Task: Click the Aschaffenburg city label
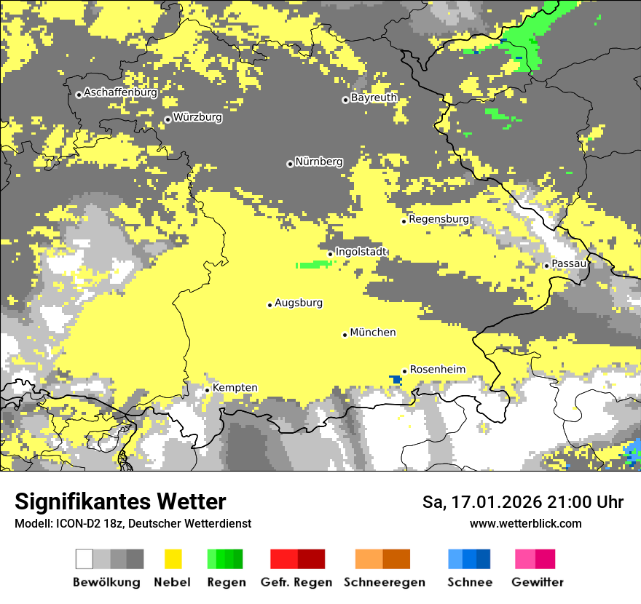[x=120, y=93]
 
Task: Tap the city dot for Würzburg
[x=168, y=119]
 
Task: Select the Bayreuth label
[x=374, y=98]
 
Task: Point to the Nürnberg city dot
[x=290, y=164]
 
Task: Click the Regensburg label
[x=439, y=219]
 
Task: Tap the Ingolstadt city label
[x=361, y=252]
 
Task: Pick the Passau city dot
[x=546, y=266]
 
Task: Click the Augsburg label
[x=299, y=303]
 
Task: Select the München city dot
[x=345, y=335]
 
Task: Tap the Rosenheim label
[x=437, y=370]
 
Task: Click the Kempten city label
[x=235, y=388]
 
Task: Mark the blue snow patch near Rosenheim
[x=396, y=379]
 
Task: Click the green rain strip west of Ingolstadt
[x=312, y=265]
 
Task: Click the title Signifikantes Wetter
[x=120, y=501]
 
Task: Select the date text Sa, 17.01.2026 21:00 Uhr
[x=523, y=502]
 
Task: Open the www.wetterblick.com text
[x=525, y=523]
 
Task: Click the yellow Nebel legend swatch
[x=173, y=559]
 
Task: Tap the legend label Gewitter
[x=537, y=582]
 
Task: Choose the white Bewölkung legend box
[x=84, y=559]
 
